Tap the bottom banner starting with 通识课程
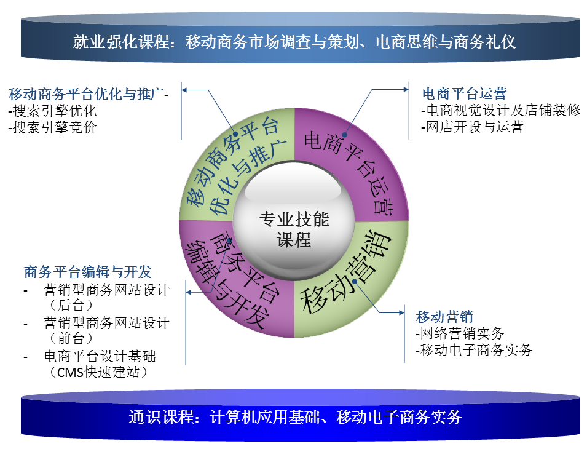pyautogui.click(x=300, y=415)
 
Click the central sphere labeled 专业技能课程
pyautogui.click(x=294, y=221)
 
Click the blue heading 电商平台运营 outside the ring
pyautogui.click(x=464, y=93)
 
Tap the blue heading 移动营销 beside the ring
pyautogui.click(x=444, y=316)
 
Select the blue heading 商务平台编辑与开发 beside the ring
pyautogui.click(x=88, y=271)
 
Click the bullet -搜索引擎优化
pyautogui.click(x=52, y=111)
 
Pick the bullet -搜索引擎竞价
pyautogui.click(x=52, y=127)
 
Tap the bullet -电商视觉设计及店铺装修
pyautogui.click(x=500, y=109)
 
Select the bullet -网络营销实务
pyautogui.click(x=460, y=333)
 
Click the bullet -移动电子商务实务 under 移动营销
pyautogui.click(x=473, y=350)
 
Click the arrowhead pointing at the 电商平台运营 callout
pyautogui.click(x=406, y=90)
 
